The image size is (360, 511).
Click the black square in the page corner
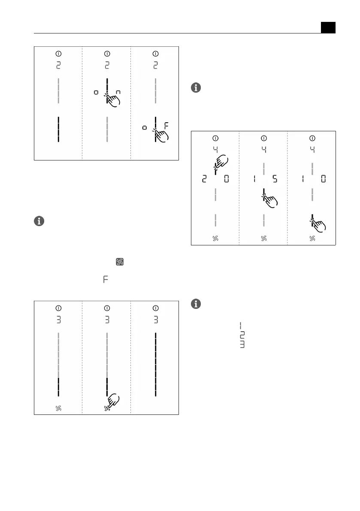328,27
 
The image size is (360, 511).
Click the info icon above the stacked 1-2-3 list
196,304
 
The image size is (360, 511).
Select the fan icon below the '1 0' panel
312,238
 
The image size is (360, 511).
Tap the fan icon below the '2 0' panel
215,238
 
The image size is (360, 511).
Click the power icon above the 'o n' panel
107,54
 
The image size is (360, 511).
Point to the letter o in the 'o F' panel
145,127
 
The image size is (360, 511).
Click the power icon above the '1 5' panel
263,138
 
